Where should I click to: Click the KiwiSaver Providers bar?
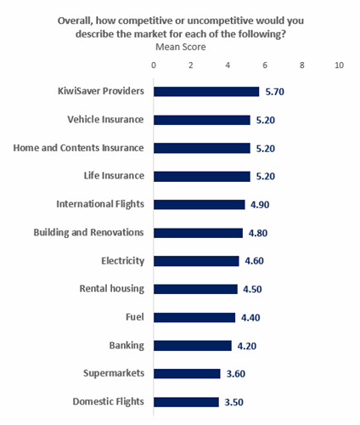pos(206,92)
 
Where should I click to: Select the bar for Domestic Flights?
pos(186,402)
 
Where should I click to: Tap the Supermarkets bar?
pos(187,374)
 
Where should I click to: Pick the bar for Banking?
pos(193,346)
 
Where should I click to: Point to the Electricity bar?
pos(196,261)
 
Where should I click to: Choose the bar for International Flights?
pos(200,205)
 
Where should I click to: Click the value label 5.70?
pos(274,92)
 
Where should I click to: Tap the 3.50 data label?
pos(233,402)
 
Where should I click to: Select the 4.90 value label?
pos(260,205)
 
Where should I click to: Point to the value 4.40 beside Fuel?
pos(250,318)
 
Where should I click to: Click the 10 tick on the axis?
pos(339,65)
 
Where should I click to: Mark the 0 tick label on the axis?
pos(154,65)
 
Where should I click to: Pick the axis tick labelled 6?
pos(265,65)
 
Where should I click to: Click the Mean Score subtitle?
pos(181,47)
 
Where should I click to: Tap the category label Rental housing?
pos(112,289)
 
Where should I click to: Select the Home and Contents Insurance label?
pos(78,148)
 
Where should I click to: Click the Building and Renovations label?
pos(88,233)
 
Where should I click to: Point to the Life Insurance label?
pos(114,176)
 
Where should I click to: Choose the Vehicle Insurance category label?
pos(105,120)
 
